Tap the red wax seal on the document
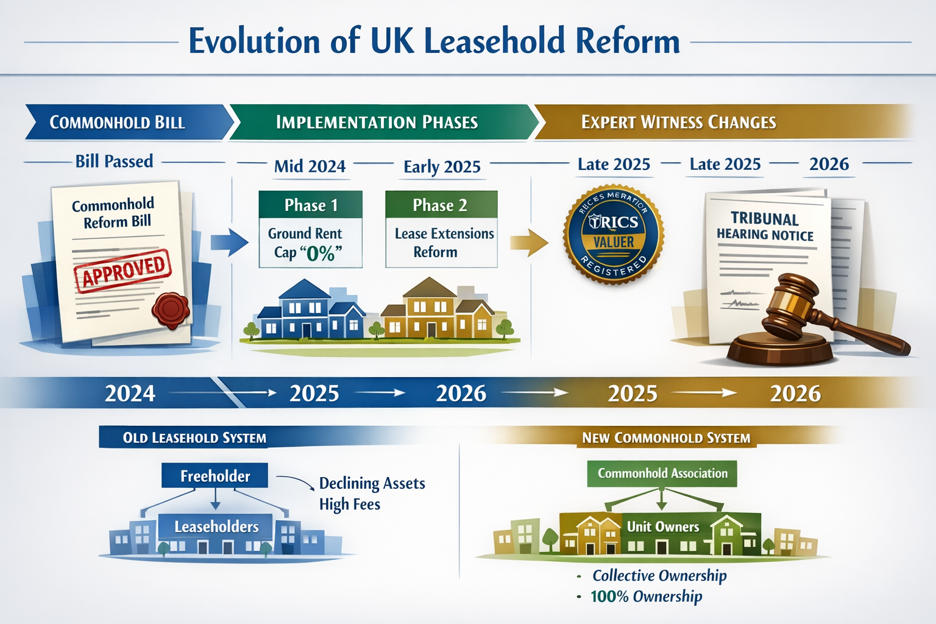(171, 310)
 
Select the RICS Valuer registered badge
(614, 235)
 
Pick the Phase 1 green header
(311, 205)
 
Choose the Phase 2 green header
(441, 205)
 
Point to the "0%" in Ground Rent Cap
(321, 253)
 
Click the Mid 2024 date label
(310, 166)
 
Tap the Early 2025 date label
(442, 167)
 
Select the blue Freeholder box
(214, 476)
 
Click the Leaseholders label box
(216, 526)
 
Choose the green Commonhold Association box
(662, 473)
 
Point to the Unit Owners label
(663, 526)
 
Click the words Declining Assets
(372, 483)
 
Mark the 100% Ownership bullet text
(646, 596)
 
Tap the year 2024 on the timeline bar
(130, 394)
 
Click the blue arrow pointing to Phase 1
(229, 242)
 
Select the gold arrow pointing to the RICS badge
(528, 243)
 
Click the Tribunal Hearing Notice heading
(765, 227)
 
